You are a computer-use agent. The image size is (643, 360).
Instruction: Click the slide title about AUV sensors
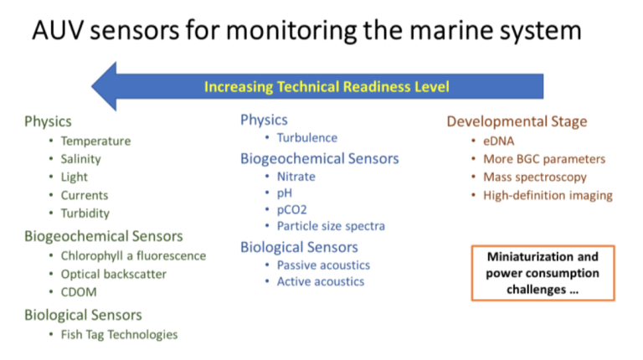point(306,30)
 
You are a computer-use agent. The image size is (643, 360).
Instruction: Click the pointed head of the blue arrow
point(92,86)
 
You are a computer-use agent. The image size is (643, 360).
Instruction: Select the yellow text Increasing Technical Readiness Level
point(327,86)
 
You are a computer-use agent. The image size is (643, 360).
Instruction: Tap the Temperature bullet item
point(95,141)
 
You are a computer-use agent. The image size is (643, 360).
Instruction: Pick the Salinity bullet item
point(80,159)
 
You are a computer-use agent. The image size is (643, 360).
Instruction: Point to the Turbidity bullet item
point(85,213)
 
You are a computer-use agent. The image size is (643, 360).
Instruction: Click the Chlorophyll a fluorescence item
point(133,256)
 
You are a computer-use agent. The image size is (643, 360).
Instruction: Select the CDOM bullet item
point(79,292)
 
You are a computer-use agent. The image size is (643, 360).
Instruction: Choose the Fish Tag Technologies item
point(120,335)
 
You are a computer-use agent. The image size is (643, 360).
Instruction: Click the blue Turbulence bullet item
point(307,138)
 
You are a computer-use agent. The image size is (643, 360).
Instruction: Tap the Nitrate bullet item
point(296,177)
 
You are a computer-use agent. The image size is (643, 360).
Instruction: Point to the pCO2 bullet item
point(291,209)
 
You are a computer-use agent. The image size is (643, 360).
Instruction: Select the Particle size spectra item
point(331,226)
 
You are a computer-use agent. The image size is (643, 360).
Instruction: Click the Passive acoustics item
point(323,265)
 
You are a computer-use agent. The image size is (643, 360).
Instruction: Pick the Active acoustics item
point(321,281)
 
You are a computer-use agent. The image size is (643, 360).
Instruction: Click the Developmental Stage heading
point(517,121)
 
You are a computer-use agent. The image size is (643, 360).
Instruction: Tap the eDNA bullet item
point(499,141)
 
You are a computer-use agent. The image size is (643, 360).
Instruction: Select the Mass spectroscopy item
point(535,177)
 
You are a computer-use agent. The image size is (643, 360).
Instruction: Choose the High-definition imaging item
point(548,195)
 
